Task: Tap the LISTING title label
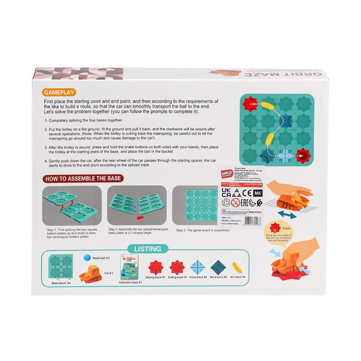tap(147, 248)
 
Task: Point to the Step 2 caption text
tap(136, 232)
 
